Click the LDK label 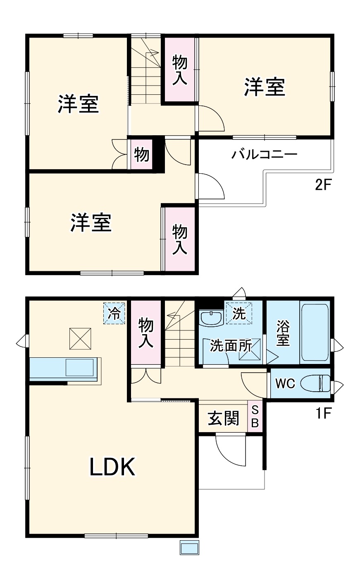(113, 467)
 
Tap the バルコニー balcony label (265, 155)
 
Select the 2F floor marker (323, 184)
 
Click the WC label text (285, 384)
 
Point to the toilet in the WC (315, 383)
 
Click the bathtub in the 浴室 (315, 333)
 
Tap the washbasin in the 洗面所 (211, 318)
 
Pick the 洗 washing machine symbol (238, 313)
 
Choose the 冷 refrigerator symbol (114, 313)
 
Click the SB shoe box (255, 416)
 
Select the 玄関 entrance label (223, 418)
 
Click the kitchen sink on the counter (80, 367)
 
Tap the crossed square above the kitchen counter (80, 338)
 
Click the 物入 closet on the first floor (145, 332)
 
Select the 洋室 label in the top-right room (265, 87)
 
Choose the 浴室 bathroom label (283, 333)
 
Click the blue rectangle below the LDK (190, 548)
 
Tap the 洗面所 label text (231, 346)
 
